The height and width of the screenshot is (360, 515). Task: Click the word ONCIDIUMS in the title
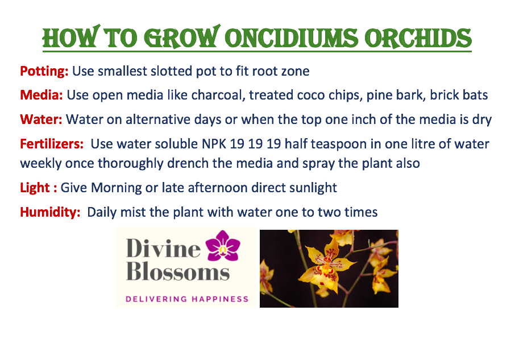point(292,38)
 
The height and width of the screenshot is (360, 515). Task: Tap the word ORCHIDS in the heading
point(418,38)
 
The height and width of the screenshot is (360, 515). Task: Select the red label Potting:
point(44,71)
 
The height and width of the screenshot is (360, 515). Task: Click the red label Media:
point(41,95)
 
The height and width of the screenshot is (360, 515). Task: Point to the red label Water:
point(41,119)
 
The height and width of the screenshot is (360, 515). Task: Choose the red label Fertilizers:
point(52,143)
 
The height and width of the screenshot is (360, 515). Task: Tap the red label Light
point(35,188)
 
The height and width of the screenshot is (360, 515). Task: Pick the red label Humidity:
point(50,212)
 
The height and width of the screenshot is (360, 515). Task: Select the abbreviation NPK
point(214,143)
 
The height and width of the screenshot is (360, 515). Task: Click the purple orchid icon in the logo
point(223,246)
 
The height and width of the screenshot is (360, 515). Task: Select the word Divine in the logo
point(163,249)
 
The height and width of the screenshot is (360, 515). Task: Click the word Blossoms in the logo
point(178,272)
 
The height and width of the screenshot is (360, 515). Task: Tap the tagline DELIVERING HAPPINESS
point(187,299)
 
